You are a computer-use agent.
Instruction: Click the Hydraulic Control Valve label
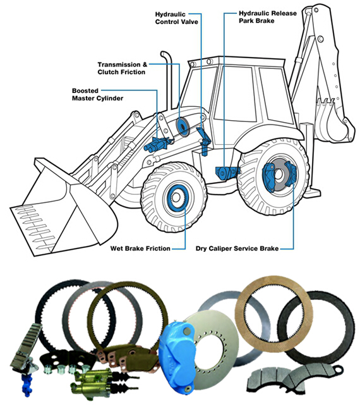[176, 18]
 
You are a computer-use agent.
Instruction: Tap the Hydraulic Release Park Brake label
[268, 17]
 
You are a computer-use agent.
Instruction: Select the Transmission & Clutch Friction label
[123, 68]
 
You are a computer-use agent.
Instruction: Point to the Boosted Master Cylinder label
[97, 95]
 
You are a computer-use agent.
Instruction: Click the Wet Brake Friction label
[140, 248]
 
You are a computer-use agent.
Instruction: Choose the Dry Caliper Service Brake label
[237, 248]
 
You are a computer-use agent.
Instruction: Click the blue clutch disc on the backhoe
[183, 127]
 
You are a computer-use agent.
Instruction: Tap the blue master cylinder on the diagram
[157, 144]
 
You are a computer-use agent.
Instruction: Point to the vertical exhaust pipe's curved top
[166, 55]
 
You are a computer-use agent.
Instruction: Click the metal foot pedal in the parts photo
[25, 346]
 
